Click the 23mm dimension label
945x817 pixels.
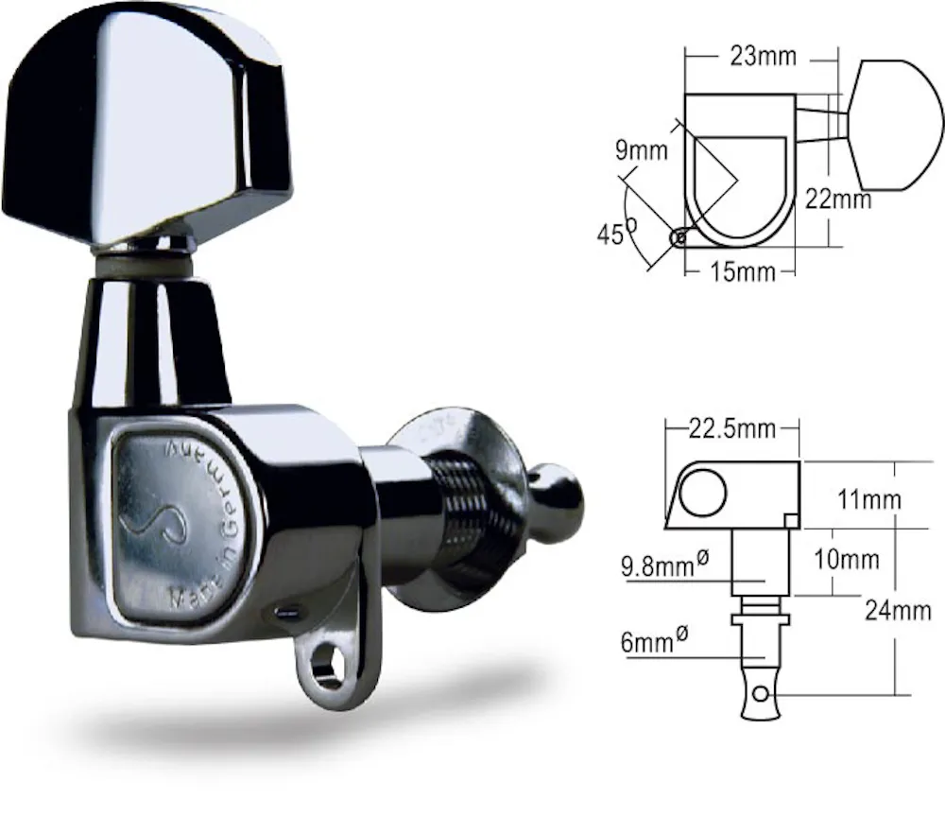coord(763,56)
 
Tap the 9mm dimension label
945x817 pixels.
coord(642,150)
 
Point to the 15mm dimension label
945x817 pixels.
coord(743,272)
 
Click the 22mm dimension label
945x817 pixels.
coord(838,199)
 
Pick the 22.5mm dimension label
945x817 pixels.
coord(731,428)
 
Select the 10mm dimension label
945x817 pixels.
coord(847,560)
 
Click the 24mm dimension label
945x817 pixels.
coord(898,611)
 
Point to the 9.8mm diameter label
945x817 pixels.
coord(664,565)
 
